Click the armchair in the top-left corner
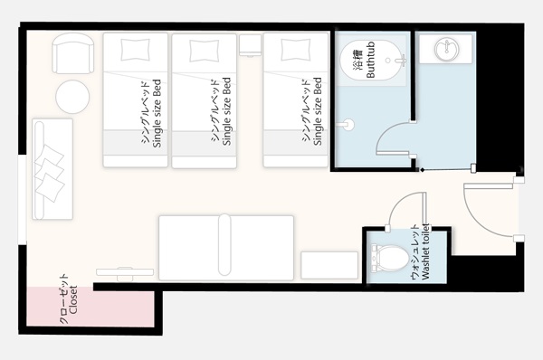pos(73,53)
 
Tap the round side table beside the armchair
pos(72,97)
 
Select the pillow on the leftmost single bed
pos(136,50)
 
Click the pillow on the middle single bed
pos(205,51)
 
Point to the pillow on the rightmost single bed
pos(296,50)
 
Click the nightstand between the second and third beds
pos(250,45)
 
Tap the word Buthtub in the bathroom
pos(370,60)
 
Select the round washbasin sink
pos(447,49)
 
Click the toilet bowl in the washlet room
pos(390,258)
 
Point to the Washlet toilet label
pos(425,251)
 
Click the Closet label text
pos(73,299)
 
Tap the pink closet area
pos(90,307)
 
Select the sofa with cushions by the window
pos(52,169)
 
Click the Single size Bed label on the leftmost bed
pos(157,114)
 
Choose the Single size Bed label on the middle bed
pos(226,111)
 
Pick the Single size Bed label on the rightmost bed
pos(318,111)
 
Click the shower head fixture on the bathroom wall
pos(347,125)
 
